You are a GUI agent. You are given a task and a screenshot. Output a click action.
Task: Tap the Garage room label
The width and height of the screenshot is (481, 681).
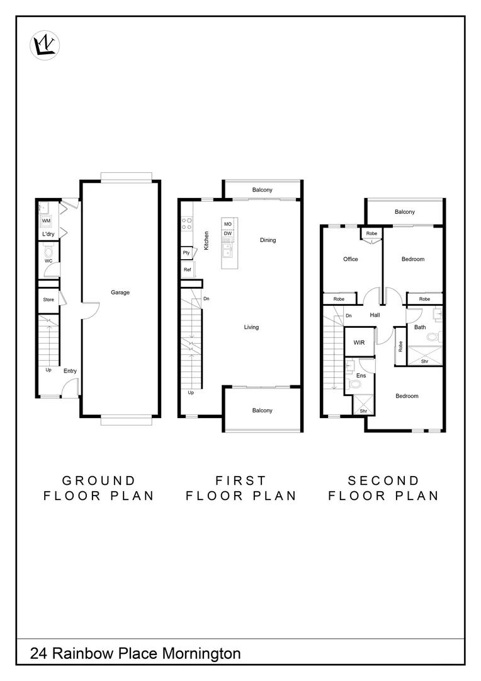click(x=120, y=293)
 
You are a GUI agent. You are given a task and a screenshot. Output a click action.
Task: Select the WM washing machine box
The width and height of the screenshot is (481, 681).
click(x=46, y=221)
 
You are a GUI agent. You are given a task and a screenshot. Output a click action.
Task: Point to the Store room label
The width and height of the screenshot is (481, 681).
click(x=48, y=300)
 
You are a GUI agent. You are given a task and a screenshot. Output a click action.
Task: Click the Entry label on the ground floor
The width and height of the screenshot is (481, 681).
click(x=70, y=371)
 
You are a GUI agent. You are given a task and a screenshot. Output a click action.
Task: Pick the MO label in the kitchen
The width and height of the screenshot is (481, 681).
click(x=228, y=224)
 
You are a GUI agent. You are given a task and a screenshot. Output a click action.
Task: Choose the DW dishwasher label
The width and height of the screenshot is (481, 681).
click(x=228, y=234)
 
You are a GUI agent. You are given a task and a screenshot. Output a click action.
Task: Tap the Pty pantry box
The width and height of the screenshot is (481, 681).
click(x=186, y=253)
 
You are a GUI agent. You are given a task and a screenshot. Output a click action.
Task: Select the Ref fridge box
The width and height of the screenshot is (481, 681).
click(x=188, y=270)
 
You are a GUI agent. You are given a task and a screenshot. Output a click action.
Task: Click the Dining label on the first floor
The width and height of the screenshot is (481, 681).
click(x=268, y=240)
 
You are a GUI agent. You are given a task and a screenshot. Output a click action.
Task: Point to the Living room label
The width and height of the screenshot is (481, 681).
click(x=252, y=327)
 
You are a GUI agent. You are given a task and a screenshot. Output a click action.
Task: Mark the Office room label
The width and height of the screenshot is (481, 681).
click(x=351, y=259)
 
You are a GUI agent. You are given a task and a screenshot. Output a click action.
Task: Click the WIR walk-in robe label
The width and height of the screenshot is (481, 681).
click(x=359, y=342)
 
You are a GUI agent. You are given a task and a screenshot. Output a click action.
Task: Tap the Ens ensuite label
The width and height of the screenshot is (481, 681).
click(x=361, y=376)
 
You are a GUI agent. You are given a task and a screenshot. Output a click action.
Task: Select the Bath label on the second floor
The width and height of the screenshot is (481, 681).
click(x=420, y=327)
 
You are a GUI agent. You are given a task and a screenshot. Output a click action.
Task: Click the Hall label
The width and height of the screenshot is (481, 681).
click(x=375, y=315)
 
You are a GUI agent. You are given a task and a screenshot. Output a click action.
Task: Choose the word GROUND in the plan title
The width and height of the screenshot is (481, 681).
click(x=99, y=481)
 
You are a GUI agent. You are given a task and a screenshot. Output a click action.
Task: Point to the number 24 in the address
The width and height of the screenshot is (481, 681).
click(x=38, y=654)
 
